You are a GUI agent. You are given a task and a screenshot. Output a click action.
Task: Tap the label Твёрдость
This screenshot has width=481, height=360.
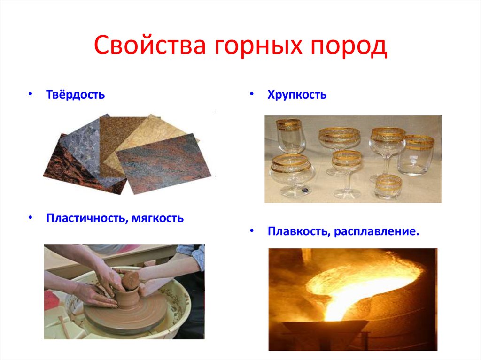point(75,95)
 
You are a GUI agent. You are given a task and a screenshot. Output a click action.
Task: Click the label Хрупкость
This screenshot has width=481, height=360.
point(297,95)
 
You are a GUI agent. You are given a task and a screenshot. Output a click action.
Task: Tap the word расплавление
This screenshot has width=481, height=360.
point(376,231)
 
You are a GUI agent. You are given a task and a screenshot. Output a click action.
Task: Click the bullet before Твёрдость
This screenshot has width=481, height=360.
point(30,94)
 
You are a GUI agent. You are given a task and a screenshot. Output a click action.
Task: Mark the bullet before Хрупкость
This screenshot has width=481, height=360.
point(252,94)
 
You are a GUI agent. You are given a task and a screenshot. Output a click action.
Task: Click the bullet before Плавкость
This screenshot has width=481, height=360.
point(252,231)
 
